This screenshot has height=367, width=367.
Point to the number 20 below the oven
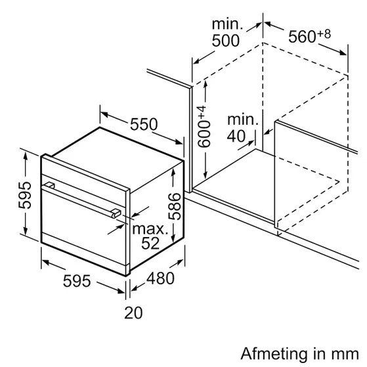[x=133, y=313]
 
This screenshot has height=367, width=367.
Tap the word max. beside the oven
[x=150, y=229]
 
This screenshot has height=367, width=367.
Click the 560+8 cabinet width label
[x=309, y=37]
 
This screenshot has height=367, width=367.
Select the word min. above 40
[x=244, y=121]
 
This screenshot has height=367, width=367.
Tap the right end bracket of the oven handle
[x=115, y=213]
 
